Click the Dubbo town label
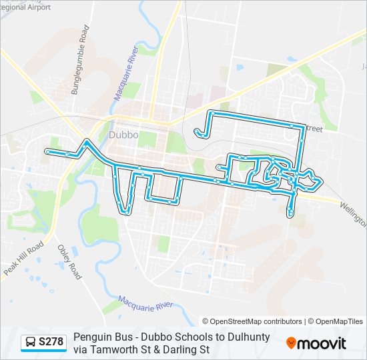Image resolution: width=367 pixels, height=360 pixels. (x=123, y=134)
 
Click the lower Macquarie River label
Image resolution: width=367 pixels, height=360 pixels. (x=145, y=306)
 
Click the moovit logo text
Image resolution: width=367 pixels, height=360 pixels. (x=322, y=343)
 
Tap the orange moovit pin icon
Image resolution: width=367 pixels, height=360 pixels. (x=292, y=343)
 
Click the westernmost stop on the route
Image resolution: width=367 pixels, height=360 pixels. (x=47, y=152)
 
